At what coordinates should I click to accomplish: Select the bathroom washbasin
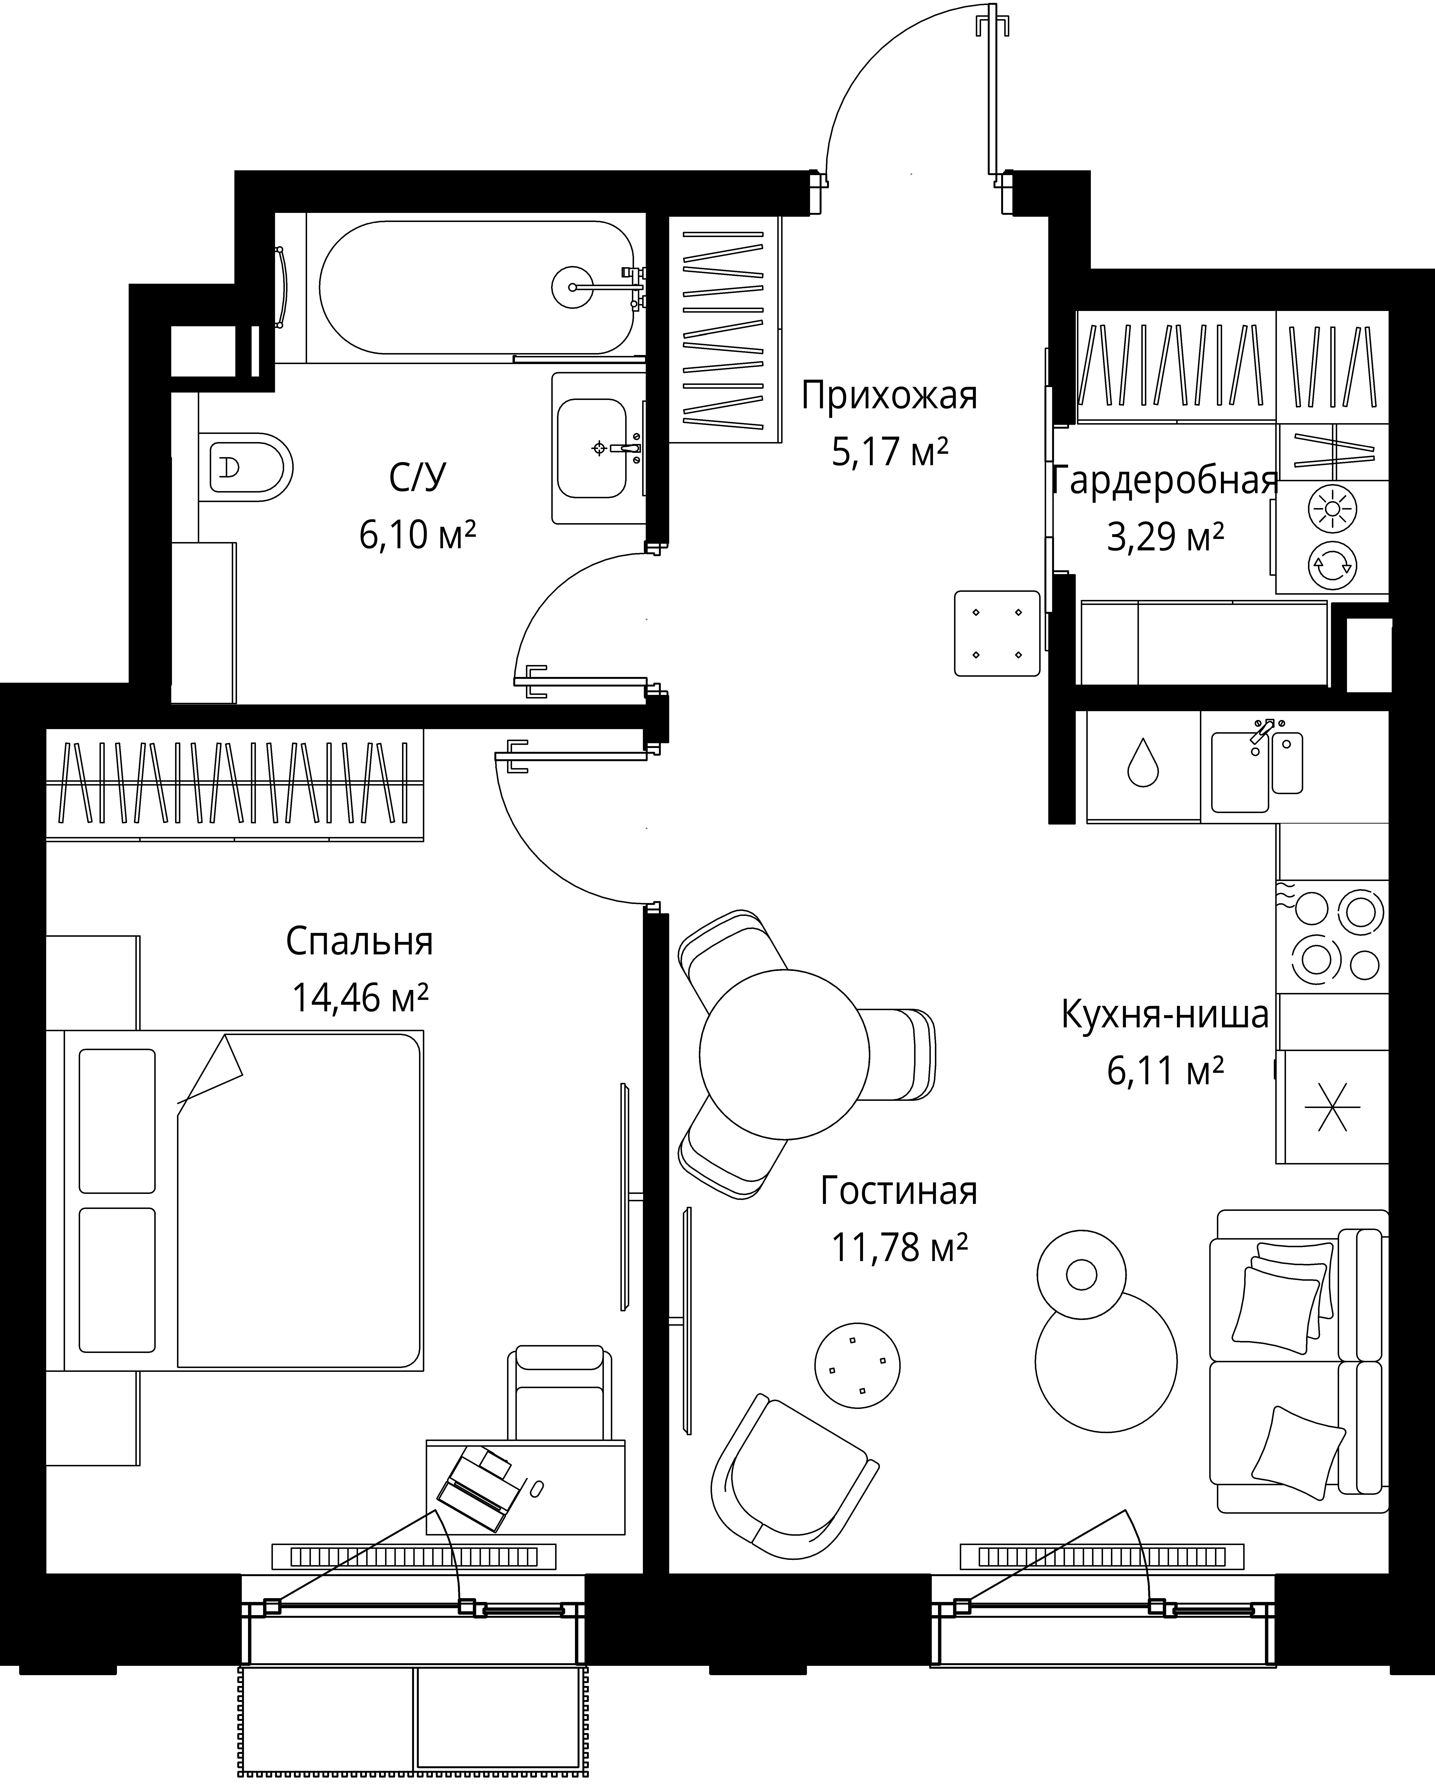[591, 449]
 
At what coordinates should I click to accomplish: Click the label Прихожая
[889, 395]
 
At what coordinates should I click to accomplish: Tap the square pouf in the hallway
[997, 633]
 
